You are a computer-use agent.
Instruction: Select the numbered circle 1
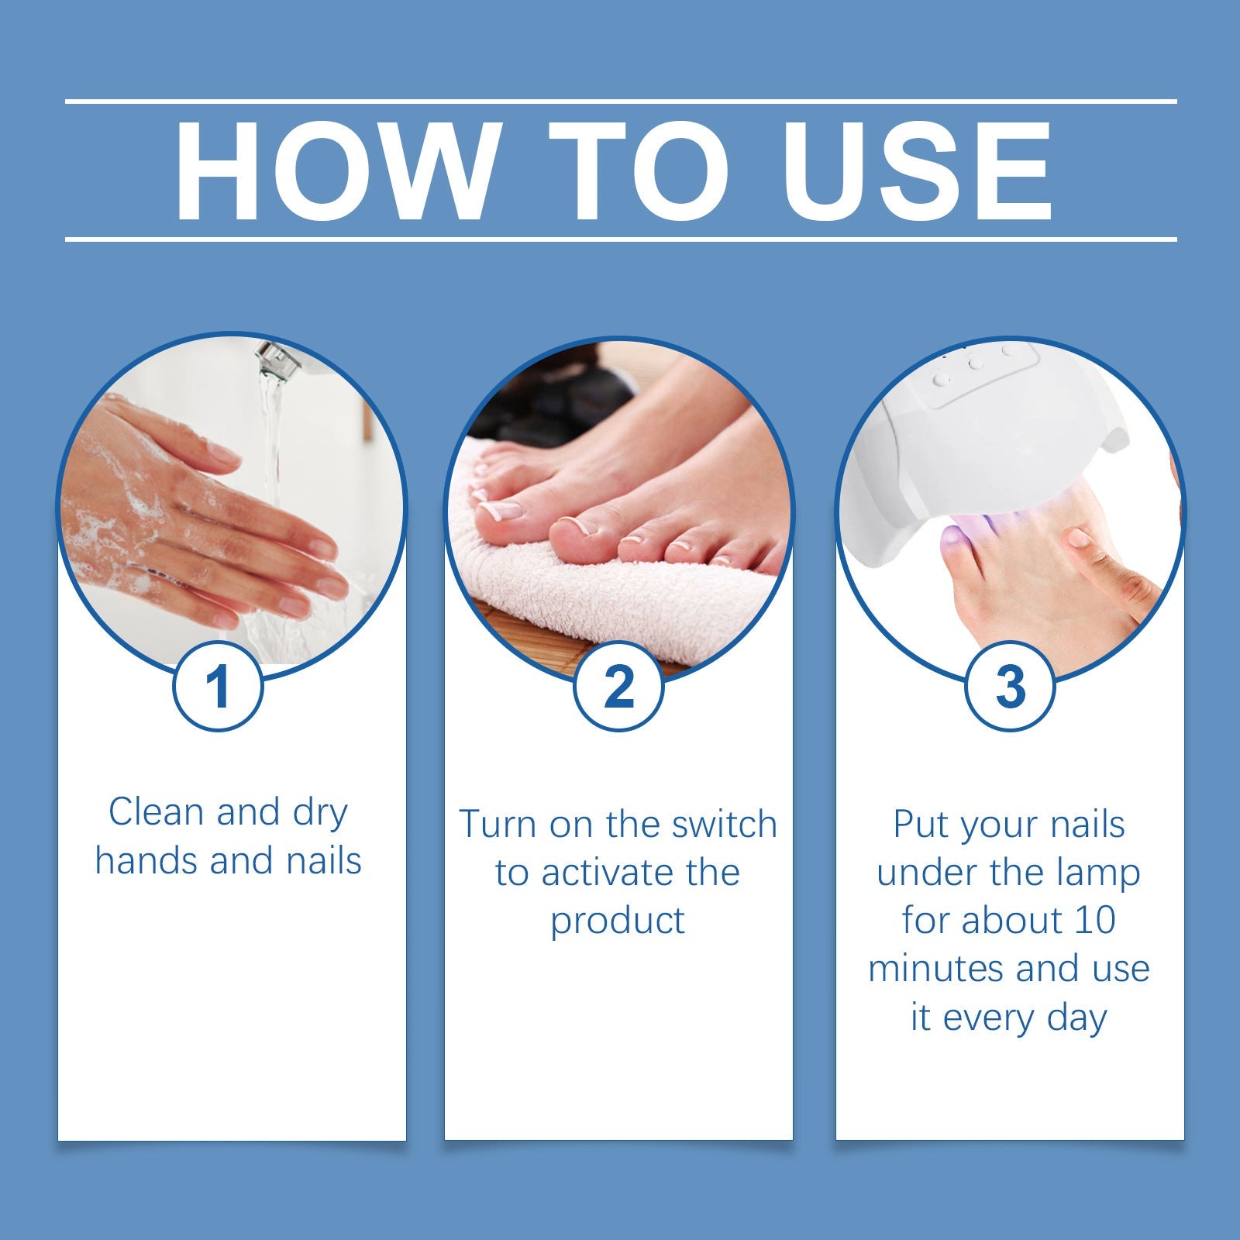(218, 686)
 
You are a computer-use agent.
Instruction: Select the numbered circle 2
(618, 686)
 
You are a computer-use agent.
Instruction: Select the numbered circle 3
(1010, 686)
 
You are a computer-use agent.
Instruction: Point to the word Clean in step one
(158, 812)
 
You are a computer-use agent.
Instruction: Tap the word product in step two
(618, 921)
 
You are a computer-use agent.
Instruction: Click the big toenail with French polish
(500, 509)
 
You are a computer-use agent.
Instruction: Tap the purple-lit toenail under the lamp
(951, 536)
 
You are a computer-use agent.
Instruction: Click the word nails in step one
(324, 861)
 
